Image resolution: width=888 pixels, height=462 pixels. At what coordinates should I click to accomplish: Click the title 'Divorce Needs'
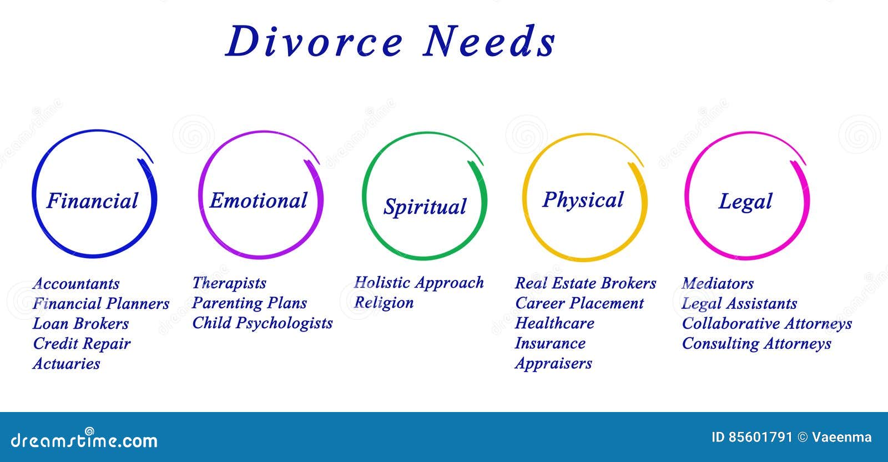click(390, 42)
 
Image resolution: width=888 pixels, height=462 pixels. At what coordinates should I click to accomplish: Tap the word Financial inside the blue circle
click(92, 201)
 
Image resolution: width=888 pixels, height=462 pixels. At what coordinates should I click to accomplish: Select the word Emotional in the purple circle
click(258, 200)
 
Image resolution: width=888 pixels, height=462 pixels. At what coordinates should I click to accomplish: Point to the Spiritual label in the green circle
click(425, 207)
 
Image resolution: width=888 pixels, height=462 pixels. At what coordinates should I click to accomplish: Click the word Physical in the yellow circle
click(583, 200)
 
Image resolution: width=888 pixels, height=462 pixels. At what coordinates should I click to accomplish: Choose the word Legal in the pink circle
click(745, 202)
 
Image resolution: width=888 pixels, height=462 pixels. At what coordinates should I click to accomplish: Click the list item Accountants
click(76, 284)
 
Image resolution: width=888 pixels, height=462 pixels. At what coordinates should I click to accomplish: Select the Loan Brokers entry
click(80, 324)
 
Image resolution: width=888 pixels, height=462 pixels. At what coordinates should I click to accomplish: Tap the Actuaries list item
click(66, 364)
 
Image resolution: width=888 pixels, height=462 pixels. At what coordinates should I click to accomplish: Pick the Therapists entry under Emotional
click(229, 283)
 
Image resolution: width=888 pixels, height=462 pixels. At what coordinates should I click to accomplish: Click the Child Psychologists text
click(262, 323)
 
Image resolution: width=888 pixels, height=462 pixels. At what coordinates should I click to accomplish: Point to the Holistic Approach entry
click(419, 283)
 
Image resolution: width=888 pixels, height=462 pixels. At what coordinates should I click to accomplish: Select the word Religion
click(384, 303)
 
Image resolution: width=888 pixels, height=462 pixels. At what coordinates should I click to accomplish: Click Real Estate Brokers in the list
click(586, 283)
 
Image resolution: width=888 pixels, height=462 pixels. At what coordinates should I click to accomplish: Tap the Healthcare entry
click(554, 323)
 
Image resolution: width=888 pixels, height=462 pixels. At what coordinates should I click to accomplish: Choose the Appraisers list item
click(553, 364)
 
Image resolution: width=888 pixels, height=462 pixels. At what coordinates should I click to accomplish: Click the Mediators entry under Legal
click(718, 284)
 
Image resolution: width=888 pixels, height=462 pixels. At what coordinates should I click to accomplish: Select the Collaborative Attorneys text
click(766, 324)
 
